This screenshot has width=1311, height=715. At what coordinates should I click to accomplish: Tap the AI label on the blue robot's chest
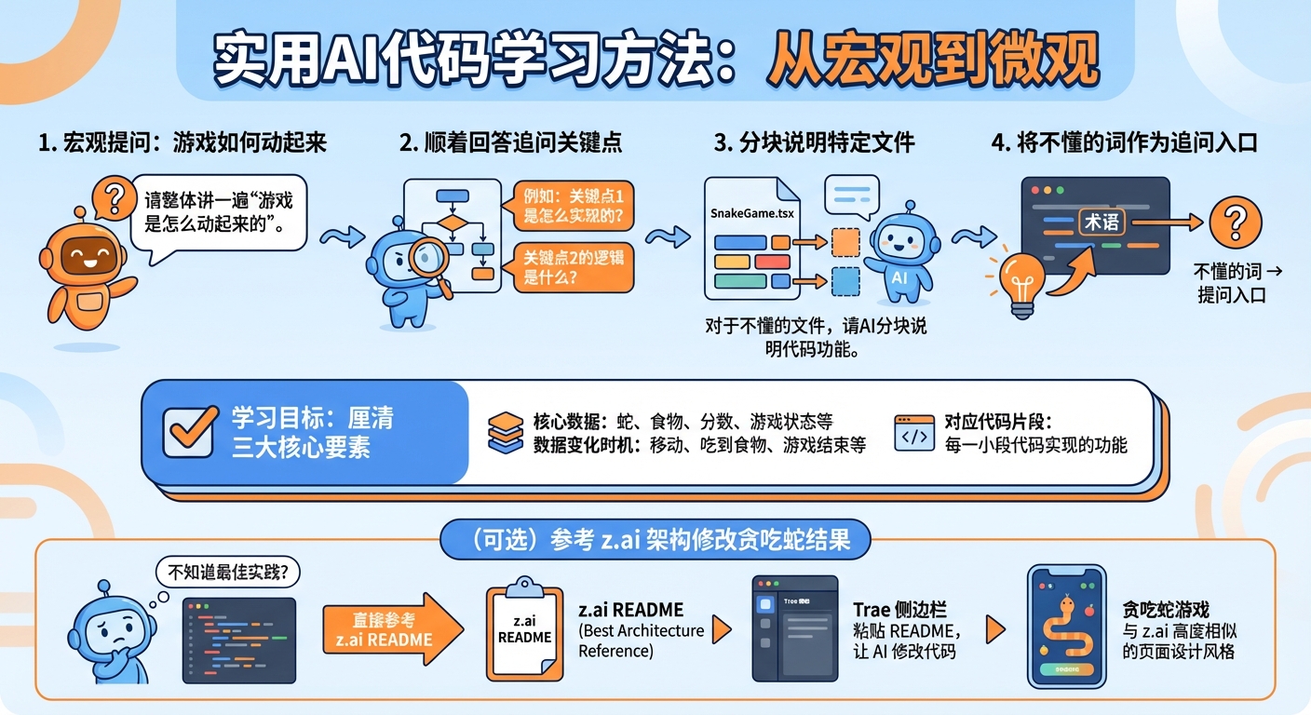(899, 277)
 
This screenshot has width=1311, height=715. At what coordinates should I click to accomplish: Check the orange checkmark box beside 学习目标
(189, 432)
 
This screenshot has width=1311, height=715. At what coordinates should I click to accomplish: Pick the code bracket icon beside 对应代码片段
(913, 433)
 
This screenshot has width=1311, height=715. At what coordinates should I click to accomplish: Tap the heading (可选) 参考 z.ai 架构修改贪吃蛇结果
(655, 540)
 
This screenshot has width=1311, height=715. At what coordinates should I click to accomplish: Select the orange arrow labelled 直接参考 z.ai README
(391, 630)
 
